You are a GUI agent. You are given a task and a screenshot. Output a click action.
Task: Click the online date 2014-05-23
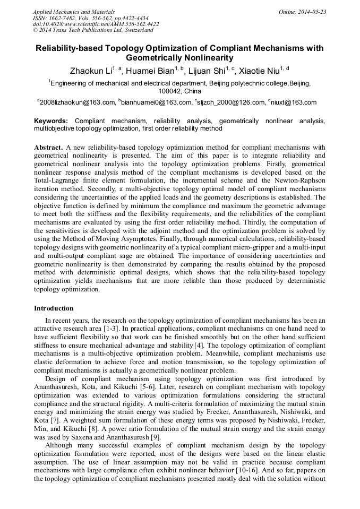pos(313,12)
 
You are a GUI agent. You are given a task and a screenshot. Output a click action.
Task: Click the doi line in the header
pos(96,24)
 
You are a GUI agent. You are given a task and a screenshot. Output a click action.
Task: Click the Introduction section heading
pos(54,308)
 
